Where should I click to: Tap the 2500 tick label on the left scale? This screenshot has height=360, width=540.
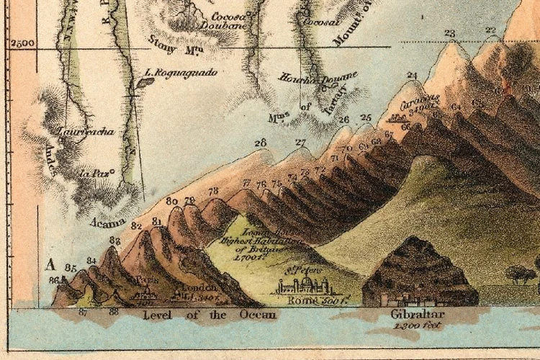point(23,43)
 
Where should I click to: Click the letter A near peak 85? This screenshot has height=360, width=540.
point(50,263)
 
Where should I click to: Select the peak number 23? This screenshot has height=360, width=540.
point(450,33)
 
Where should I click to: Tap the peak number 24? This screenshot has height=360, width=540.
point(412,75)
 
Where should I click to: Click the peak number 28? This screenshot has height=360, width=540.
point(260,142)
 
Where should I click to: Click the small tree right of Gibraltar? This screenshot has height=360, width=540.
point(520,274)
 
